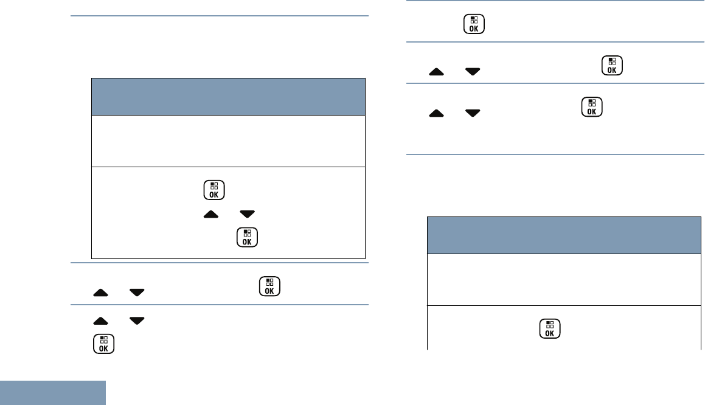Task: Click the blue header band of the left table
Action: tap(228, 96)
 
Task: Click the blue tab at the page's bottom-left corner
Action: tap(53, 393)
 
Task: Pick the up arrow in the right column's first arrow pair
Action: tap(437, 72)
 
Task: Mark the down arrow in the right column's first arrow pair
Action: tap(471, 72)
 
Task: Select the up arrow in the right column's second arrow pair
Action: tap(437, 113)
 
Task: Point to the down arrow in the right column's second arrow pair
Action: tap(471, 113)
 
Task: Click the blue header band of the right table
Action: tap(564, 235)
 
